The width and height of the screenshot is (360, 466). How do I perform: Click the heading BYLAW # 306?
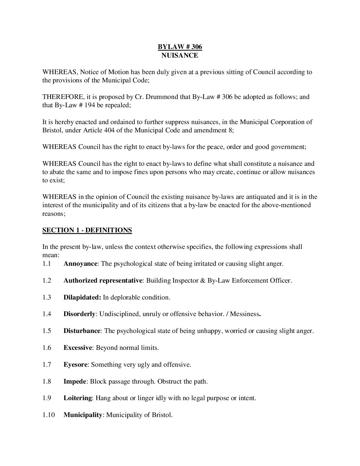point(180,47)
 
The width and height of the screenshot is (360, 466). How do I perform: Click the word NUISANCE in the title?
point(180,55)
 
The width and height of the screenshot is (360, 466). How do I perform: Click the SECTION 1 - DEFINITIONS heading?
point(87,230)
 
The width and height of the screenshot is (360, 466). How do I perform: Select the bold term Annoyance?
point(80,264)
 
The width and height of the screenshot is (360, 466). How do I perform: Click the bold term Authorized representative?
point(103,281)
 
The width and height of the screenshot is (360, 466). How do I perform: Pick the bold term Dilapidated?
point(82,298)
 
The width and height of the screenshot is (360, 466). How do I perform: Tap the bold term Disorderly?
point(79,314)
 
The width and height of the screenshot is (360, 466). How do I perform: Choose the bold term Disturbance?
point(82,331)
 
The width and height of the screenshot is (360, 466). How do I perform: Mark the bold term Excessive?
point(77,348)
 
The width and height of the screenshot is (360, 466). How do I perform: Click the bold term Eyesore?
point(75,365)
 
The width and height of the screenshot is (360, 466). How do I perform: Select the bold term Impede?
point(75,381)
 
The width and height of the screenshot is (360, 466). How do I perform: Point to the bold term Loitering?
point(77,398)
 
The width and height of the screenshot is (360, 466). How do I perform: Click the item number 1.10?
point(48,415)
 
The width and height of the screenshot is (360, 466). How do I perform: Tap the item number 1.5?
point(47,331)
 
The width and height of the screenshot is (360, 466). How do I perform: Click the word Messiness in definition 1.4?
point(245,314)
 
